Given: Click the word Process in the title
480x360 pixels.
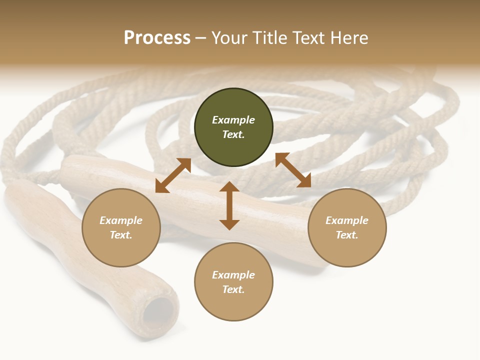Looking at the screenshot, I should click(x=157, y=38).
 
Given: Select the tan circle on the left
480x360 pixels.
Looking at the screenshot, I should click(x=121, y=250).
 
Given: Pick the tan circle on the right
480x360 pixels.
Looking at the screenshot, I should click(x=347, y=250).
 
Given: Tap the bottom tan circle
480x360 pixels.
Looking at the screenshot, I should click(x=233, y=305).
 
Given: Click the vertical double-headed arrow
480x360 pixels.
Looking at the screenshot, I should click(x=229, y=205).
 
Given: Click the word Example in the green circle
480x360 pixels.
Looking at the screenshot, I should click(x=233, y=120).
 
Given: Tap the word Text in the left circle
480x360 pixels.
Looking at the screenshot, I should click(x=121, y=235).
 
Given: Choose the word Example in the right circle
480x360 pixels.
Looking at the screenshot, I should click(x=347, y=220).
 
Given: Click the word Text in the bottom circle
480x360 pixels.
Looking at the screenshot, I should click(x=233, y=289).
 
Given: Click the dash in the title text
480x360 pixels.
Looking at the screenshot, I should click(x=200, y=38).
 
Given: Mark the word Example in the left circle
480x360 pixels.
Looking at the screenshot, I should click(x=121, y=220).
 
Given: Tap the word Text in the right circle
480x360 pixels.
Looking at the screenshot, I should click(x=347, y=235).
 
